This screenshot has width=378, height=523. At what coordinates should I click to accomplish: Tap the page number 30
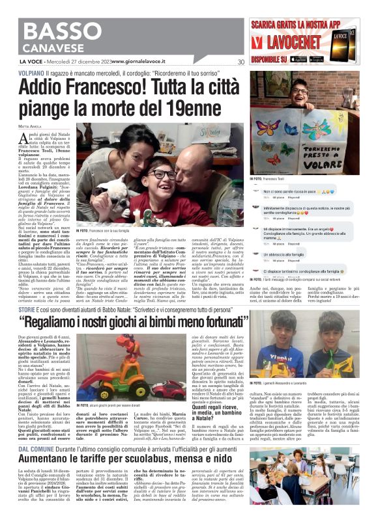point(240,62)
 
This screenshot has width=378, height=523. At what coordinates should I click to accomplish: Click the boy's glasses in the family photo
point(164,175)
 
